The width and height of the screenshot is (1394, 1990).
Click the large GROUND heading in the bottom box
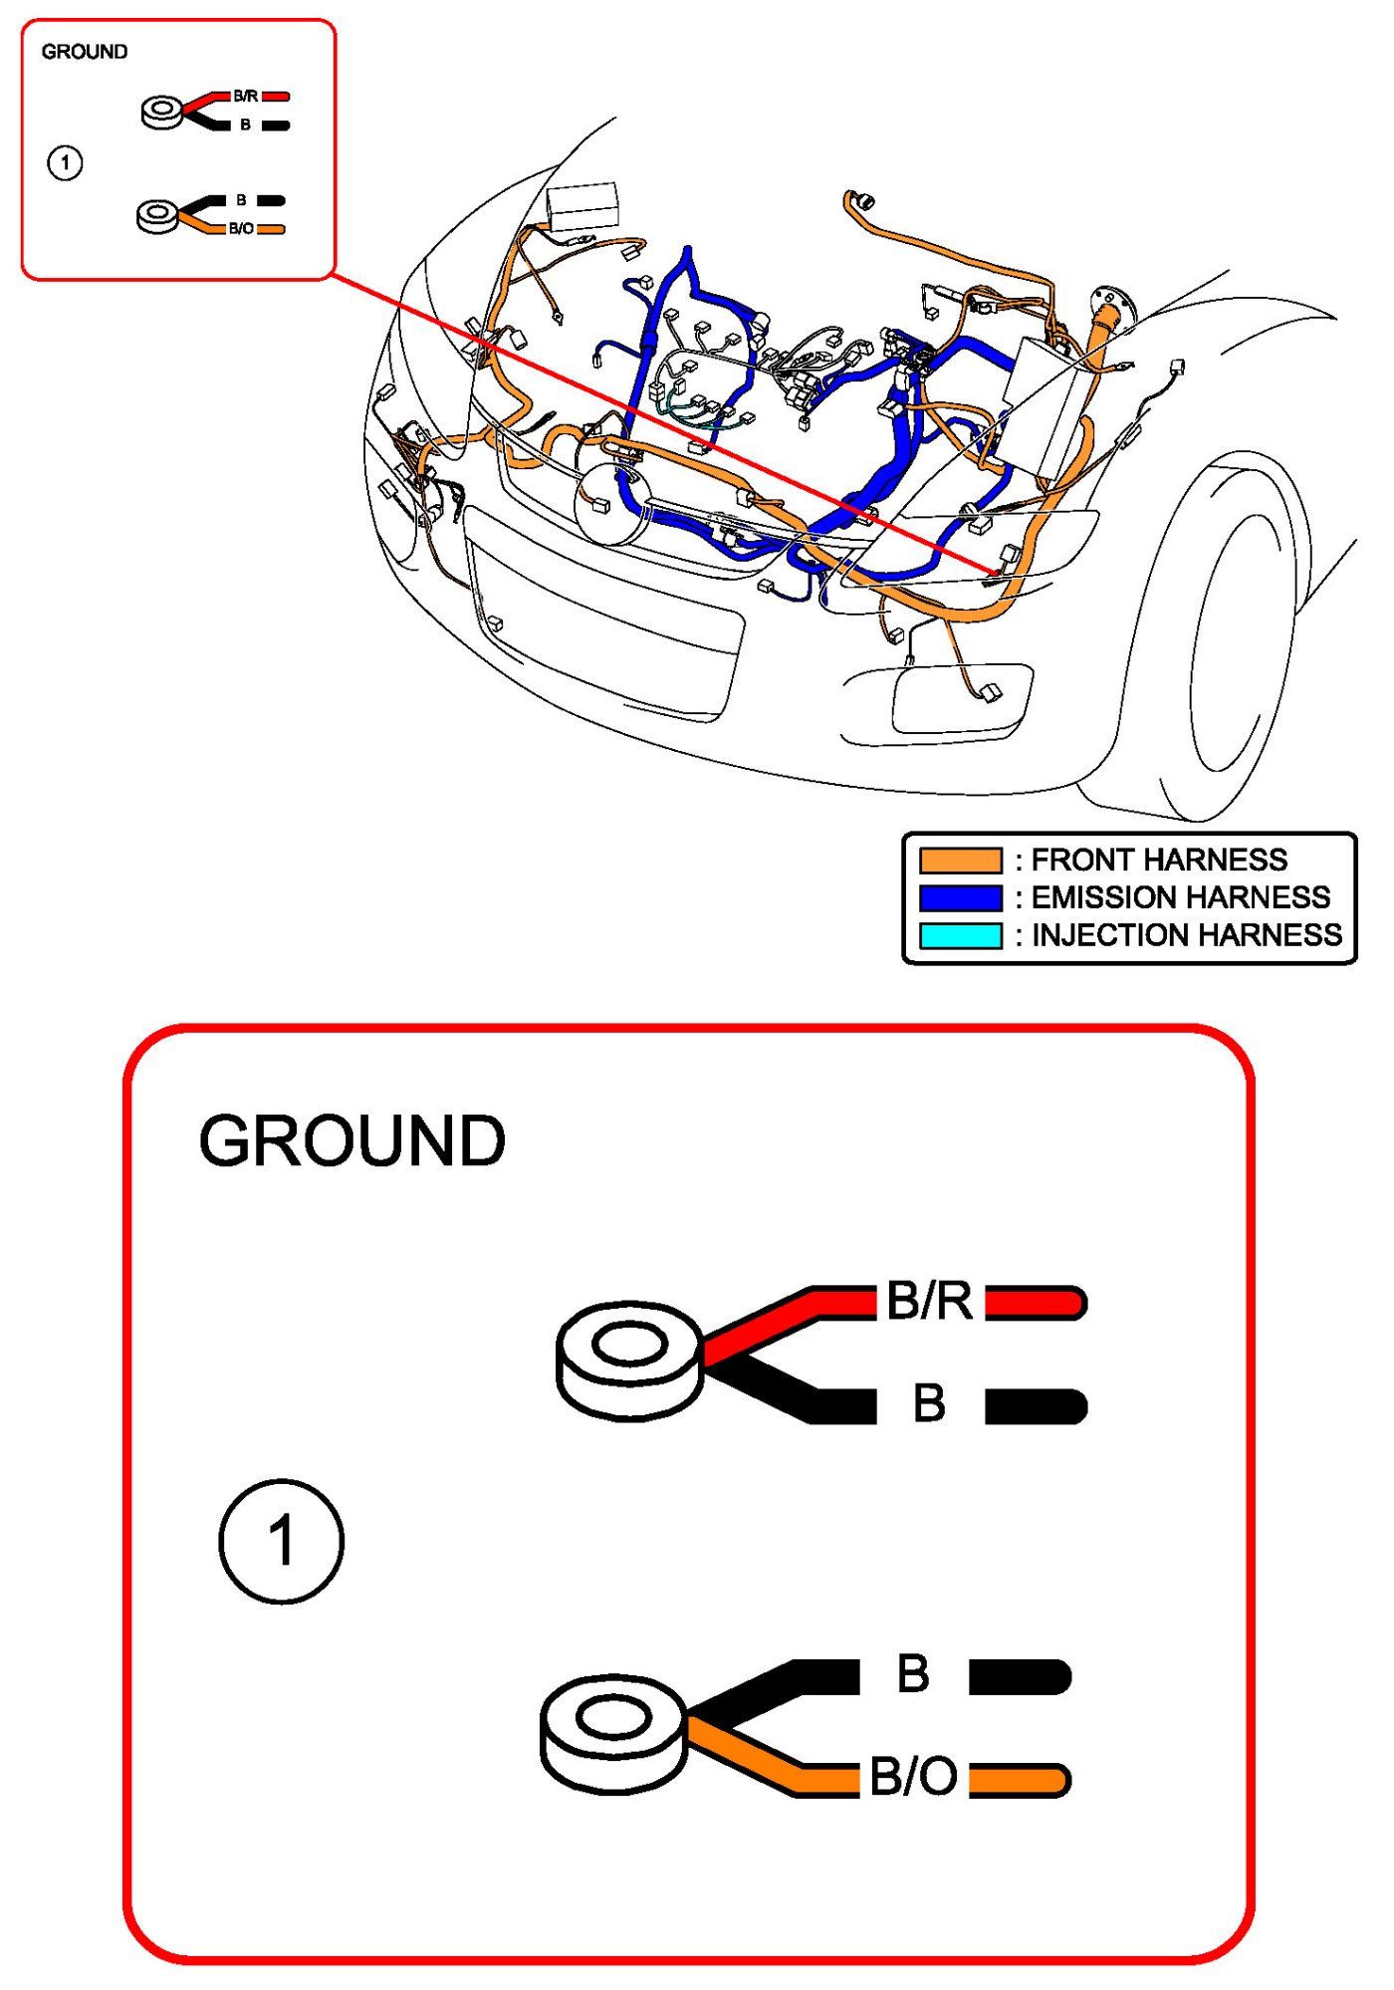click(x=352, y=1140)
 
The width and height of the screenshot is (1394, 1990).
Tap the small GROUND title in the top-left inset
click(x=85, y=52)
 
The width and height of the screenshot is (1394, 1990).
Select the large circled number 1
click(x=282, y=1540)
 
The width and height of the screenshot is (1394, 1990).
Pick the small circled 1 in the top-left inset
click(x=66, y=162)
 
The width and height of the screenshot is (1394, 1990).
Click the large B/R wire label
click(x=929, y=1301)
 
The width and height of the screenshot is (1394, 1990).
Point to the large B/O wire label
click(x=913, y=1776)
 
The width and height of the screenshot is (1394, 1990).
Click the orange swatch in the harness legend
click(x=960, y=860)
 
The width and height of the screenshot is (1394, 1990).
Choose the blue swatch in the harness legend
click(x=960, y=897)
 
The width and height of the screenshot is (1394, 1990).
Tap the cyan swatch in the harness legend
click(x=960, y=935)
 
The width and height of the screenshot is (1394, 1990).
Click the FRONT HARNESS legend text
click(x=1159, y=860)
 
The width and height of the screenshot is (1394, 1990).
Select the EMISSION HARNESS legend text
click(x=1180, y=897)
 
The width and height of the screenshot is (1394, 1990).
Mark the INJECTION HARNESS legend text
click(x=1186, y=935)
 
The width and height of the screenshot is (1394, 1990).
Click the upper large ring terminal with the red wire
click(x=629, y=1360)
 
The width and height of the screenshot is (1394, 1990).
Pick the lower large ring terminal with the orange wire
click(x=613, y=1733)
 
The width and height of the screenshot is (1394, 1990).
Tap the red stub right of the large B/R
click(x=1036, y=1302)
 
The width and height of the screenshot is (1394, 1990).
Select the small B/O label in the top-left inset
click(x=241, y=229)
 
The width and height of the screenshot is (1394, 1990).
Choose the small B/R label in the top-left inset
click(x=246, y=97)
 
